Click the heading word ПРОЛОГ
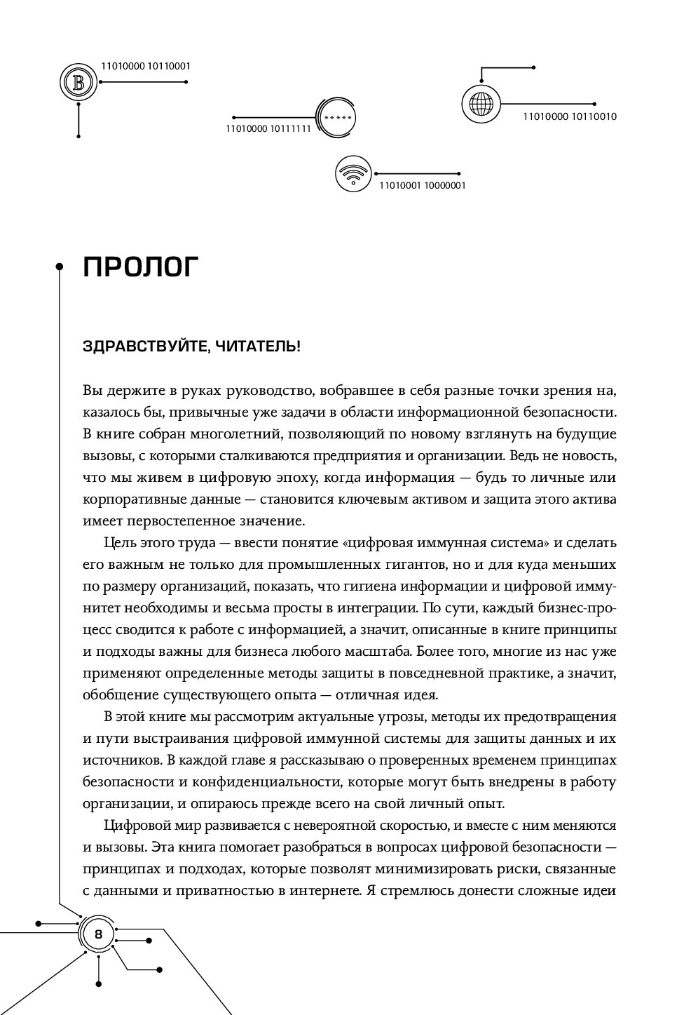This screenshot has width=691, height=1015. click(x=141, y=267)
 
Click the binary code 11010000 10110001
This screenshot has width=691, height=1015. click(x=146, y=66)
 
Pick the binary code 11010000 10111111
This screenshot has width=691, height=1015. click(x=268, y=128)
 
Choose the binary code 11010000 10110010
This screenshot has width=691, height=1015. click(x=569, y=116)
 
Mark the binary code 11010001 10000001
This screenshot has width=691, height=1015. click(x=422, y=186)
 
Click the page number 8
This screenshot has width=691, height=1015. click(x=98, y=934)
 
